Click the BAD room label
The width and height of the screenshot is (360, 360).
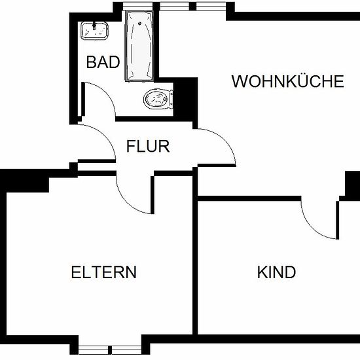103,62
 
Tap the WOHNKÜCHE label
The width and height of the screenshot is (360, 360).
288,81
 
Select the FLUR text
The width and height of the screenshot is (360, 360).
148,146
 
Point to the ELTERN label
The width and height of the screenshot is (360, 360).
104,272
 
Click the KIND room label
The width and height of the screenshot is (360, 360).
276,272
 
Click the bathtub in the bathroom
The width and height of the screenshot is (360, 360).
139,46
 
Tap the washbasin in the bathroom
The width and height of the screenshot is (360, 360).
95,31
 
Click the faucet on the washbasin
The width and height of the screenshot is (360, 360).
94,26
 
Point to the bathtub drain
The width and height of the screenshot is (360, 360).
139,23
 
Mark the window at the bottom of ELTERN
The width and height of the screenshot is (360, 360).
110,350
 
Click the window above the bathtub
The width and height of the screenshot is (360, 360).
137,7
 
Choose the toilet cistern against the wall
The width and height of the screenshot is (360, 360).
171,99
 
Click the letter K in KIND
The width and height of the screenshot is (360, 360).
262,272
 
